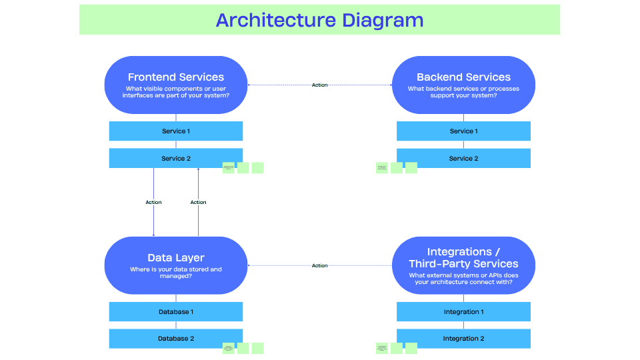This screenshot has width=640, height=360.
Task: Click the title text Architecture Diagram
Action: [x=319, y=20]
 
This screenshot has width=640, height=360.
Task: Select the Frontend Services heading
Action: [x=176, y=77]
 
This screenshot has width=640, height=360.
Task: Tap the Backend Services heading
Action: [x=463, y=77]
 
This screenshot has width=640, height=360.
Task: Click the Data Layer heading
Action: [x=176, y=258]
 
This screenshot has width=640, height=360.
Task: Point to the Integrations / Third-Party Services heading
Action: [x=463, y=257]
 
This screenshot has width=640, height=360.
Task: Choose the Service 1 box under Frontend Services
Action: [x=176, y=131]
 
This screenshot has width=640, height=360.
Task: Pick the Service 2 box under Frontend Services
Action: [x=176, y=159]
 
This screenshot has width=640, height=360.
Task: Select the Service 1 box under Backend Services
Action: [x=463, y=131]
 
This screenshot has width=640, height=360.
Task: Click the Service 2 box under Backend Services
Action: [x=463, y=159]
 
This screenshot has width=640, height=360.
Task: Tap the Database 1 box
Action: [x=176, y=312]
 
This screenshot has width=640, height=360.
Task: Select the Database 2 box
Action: [x=176, y=339]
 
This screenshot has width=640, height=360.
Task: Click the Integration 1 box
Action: [x=463, y=312]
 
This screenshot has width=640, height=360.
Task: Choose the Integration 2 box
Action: [x=463, y=339]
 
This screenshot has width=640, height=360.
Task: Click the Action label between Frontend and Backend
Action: [x=320, y=85]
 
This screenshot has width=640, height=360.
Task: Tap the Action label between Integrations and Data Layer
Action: [x=320, y=266]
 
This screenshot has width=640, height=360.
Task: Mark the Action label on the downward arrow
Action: [x=153, y=203]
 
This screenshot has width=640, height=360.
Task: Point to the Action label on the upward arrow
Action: [x=198, y=203]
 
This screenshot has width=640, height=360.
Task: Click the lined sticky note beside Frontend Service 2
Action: [x=228, y=168]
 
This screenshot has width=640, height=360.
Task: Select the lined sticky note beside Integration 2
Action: [x=381, y=348]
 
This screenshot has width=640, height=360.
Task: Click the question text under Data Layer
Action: [x=176, y=272]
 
